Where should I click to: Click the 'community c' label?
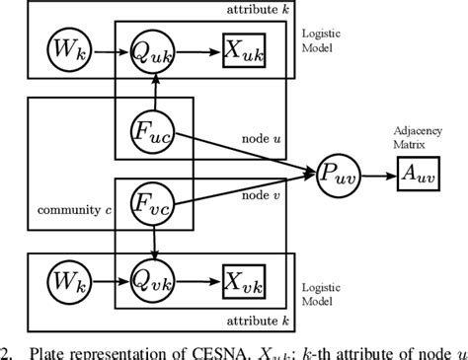[x=70, y=211]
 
